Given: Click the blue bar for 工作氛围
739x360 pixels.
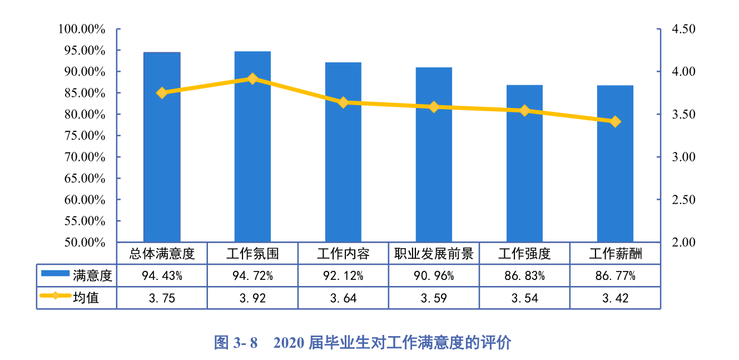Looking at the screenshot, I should pyautogui.click(x=252, y=147).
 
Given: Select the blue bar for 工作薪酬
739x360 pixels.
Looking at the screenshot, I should pyautogui.click(x=615, y=164).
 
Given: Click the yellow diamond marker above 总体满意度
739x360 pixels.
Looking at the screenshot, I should pyautogui.click(x=162, y=93).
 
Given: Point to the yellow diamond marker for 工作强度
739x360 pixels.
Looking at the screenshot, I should pyautogui.click(x=524, y=111).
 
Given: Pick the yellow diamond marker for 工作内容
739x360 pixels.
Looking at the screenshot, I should pyautogui.click(x=343, y=102).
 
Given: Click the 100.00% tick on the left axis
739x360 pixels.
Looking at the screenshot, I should pyautogui.click(x=82, y=29).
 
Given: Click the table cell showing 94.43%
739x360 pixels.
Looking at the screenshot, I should pyautogui.click(x=162, y=275).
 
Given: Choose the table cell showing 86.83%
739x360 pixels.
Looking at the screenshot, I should pyautogui.click(x=524, y=275).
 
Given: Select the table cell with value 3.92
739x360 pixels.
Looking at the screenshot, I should pyautogui.click(x=252, y=298).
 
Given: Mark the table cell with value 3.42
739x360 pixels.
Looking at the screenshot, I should pyautogui.click(x=615, y=298).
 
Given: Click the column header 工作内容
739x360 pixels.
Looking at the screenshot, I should pyautogui.click(x=343, y=254).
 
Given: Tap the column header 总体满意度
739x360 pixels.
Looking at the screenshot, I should pyautogui.click(x=162, y=254).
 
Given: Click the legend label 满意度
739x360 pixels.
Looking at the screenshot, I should pyautogui.click(x=92, y=275).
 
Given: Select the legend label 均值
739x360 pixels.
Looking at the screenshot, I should pyautogui.click(x=86, y=298).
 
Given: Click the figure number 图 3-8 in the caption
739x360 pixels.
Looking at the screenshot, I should pyautogui.click(x=236, y=343).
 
